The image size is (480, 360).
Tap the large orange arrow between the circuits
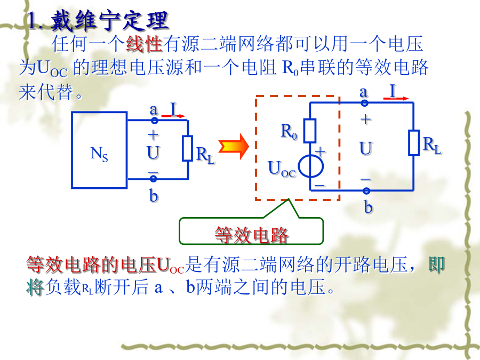tap(234, 147)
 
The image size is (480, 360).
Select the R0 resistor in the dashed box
tap(310, 131)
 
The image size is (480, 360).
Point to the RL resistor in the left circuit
tap(187, 148)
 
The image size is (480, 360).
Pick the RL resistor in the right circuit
tap(414, 142)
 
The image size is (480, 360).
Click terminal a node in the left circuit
tap(155, 121)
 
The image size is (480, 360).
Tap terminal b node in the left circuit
tap(154, 179)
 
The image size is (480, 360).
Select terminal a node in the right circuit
tap(364, 103)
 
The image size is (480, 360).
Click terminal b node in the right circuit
tap(366, 191)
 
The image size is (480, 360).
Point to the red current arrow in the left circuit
tap(173, 116)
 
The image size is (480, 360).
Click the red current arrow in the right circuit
tap(396, 98)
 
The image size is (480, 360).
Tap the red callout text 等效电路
tap(252, 235)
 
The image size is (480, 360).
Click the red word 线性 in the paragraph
tap(144, 44)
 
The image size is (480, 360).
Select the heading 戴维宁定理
tap(109, 21)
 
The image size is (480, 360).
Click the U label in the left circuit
tap(153, 153)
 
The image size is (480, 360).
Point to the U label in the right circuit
tap(365, 148)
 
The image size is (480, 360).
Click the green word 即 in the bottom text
tap(436, 265)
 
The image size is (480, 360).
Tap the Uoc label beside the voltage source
tap(282, 169)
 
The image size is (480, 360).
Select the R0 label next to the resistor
tap(289, 131)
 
